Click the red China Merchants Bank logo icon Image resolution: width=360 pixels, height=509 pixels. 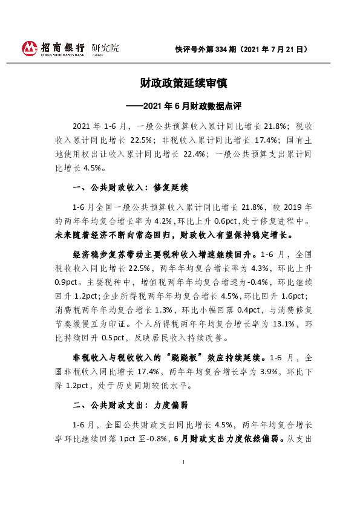click(30, 48)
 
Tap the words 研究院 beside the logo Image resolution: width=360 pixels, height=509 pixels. click(105, 47)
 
